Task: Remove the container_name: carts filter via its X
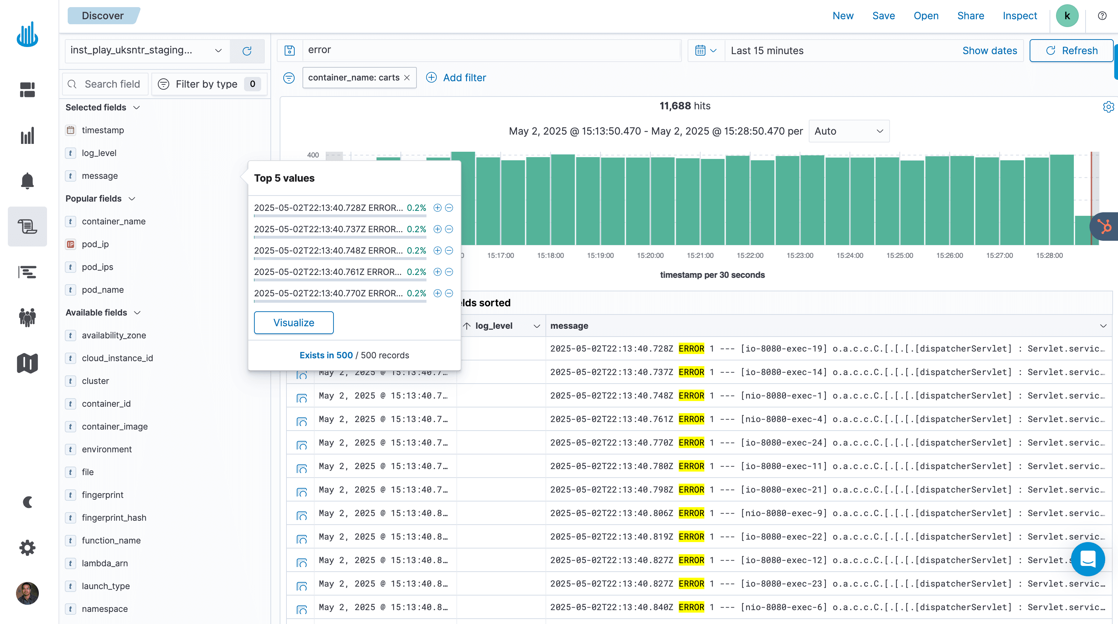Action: click(407, 78)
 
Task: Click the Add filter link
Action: click(464, 78)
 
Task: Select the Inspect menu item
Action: click(1019, 16)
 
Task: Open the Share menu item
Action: click(971, 16)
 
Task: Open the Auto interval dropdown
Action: click(849, 131)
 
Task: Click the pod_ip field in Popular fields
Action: click(95, 244)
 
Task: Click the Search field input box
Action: click(112, 84)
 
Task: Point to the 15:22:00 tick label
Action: click(750, 256)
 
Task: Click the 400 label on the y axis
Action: click(312, 155)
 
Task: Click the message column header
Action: click(569, 326)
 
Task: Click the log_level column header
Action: click(494, 326)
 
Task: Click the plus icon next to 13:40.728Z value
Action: click(438, 208)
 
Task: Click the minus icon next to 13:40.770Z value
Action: click(449, 293)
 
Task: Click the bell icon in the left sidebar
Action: click(27, 181)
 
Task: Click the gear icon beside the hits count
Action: click(1108, 107)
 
